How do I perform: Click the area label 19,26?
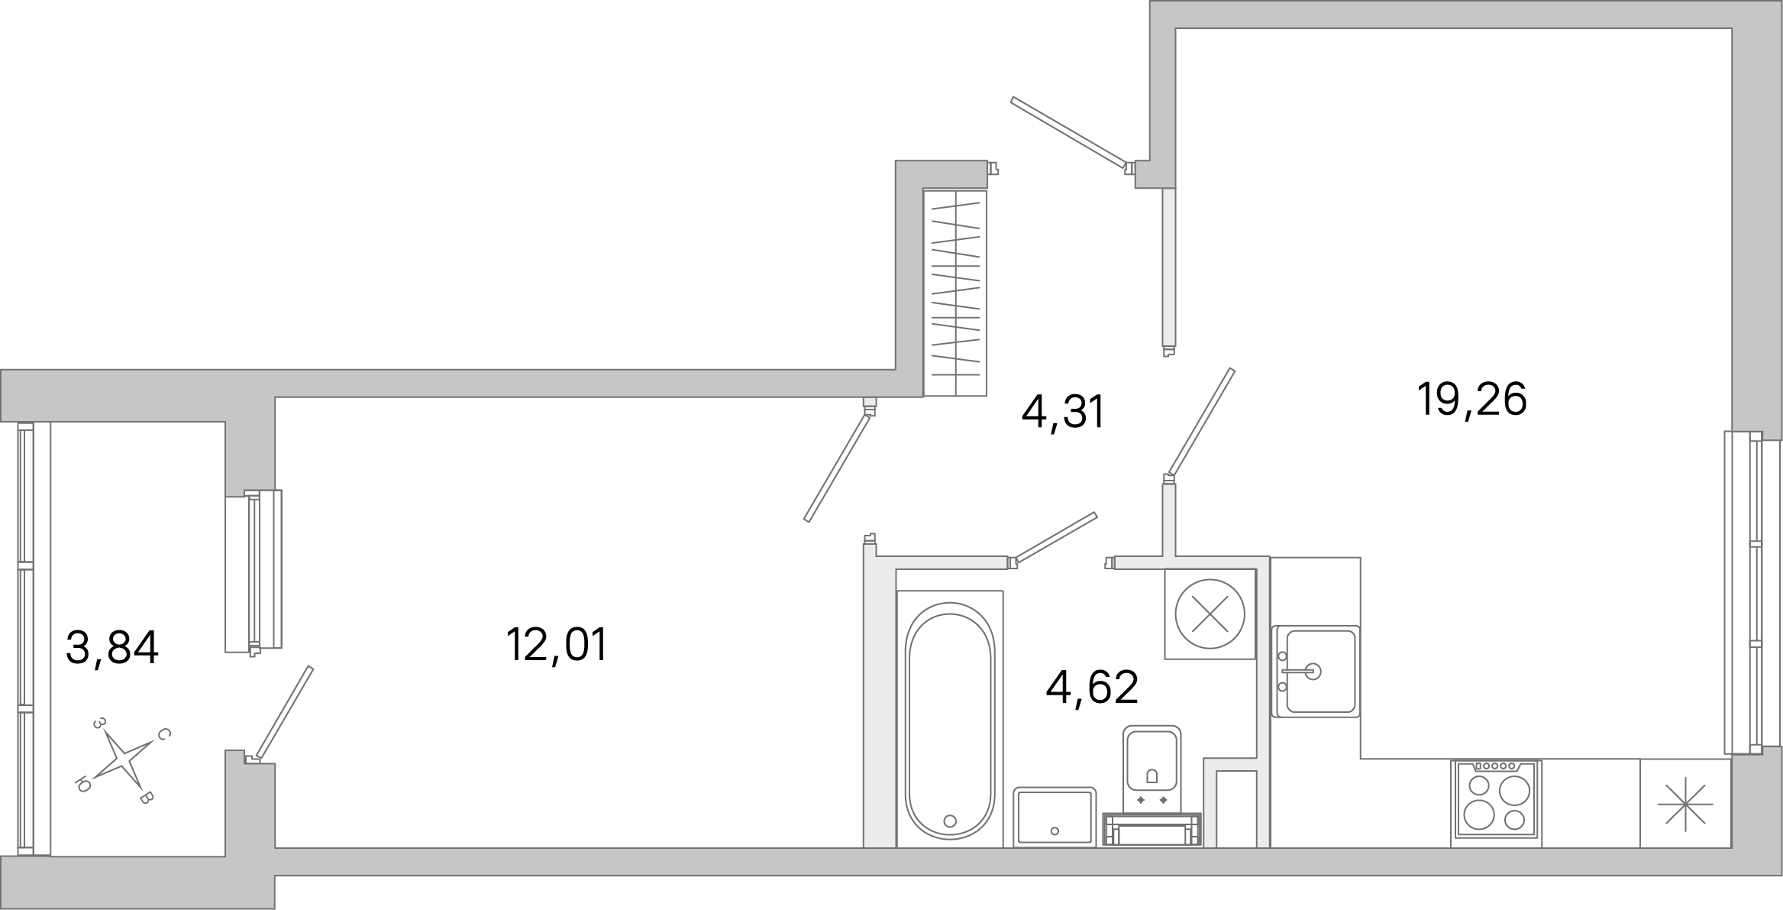(x=1471, y=400)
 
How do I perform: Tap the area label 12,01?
(x=557, y=645)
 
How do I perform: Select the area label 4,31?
(x=1063, y=413)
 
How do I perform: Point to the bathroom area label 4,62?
(x=1092, y=687)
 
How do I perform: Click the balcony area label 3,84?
(x=112, y=648)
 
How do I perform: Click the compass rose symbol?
(x=122, y=760)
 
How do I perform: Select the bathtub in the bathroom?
(x=950, y=719)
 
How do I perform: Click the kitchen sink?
(x=1316, y=672)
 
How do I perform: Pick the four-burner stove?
(x=1496, y=803)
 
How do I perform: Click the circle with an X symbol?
(x=1210, y=614)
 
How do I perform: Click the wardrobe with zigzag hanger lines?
(x=955, y=293)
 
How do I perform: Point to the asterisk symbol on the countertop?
(x=1685, y=805)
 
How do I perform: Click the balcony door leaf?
(x=284, y=712)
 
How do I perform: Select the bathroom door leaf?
(x=1055, y=538)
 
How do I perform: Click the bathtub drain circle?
(x=950, y=821)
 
